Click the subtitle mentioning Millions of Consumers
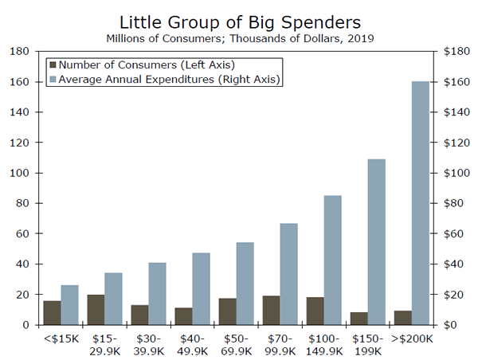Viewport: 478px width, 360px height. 239,37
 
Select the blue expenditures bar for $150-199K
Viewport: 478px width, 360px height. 377,242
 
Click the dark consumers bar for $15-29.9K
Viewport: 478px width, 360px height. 95,310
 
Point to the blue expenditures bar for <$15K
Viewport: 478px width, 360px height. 69,305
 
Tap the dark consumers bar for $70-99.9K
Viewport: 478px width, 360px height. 270,311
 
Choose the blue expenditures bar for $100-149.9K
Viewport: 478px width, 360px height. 333,260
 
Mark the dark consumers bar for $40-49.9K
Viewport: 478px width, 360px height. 182,316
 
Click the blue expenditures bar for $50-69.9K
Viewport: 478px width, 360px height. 245,284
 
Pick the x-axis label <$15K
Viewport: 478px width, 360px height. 61,339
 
